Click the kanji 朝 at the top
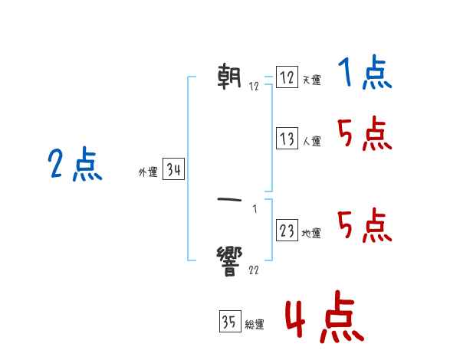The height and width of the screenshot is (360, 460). [x=230, y=77]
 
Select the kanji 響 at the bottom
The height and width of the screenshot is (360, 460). [x=230, y=260]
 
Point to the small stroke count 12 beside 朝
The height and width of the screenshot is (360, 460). [x=254, y=87]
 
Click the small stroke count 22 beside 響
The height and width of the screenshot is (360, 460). [x=254, y=270]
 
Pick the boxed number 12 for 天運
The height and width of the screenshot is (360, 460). [x=287, y=77]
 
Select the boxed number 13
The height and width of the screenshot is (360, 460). [x=287, y=139]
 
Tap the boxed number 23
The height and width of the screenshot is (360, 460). [x=287, y=231]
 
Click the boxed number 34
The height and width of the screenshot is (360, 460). [x=173, y=170]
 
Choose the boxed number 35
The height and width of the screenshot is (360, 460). [x=229, y=322]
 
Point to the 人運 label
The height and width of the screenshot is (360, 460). [x=311, y=142]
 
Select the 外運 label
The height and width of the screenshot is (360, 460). [x=148, y=173]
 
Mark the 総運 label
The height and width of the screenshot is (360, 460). [x=254, y=326]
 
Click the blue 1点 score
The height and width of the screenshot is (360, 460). [x=365, y=74]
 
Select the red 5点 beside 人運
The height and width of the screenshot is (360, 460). [x=365, y=136]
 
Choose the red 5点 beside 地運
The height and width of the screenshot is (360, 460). [x=365, y=225]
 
